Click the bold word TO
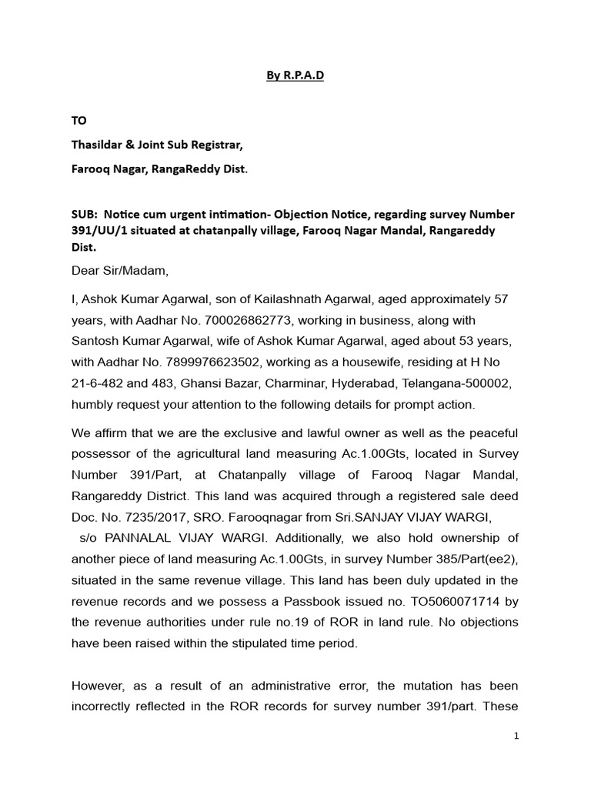coord(79,121)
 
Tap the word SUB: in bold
coord(85,214)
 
